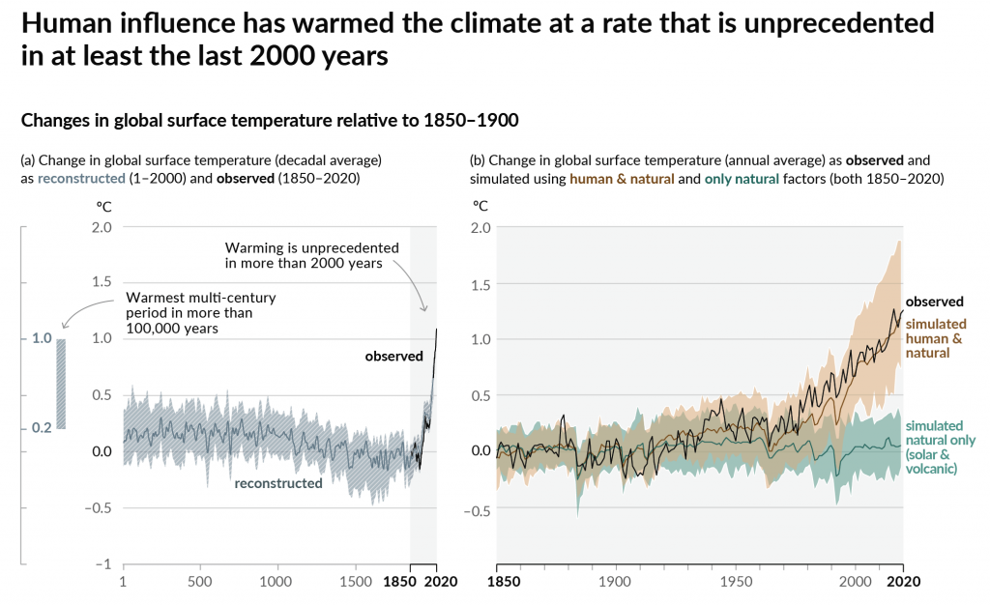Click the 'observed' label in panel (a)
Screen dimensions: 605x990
click(393, 357)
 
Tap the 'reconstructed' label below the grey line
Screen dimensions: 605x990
click(278, 482)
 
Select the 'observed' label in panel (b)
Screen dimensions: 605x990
click(934, 302)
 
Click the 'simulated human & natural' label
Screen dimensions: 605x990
click(934, 339)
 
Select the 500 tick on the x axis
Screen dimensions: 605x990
click(199, 582)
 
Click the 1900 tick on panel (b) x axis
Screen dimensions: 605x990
click(616, 582)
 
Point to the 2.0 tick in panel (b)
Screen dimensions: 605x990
click(480, 227)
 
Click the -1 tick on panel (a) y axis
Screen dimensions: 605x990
click(103, 563)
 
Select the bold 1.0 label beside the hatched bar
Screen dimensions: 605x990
click(42, 338)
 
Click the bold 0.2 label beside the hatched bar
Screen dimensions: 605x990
click(42, 427)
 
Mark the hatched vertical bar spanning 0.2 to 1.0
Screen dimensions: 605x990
click(61, 383)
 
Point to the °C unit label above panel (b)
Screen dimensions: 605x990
click(480, 205)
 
